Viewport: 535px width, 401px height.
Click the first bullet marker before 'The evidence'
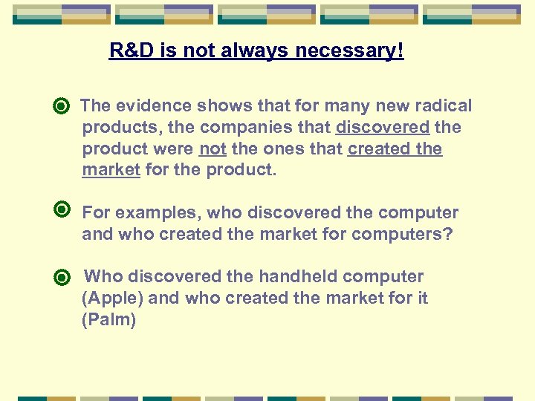pyautogui.click(x=62, y=107)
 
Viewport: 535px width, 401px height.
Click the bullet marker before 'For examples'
pyautogui.click(x=62, y=212)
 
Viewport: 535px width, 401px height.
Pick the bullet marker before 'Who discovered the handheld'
pyautogui.click(x=62, y=278)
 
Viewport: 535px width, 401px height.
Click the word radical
pyautogui.click(x=442, y=106)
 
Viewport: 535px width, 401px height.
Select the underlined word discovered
pyautogui.click(x=382, y=128)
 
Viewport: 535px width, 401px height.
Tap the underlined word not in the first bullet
pyautogui.click(x=213, y=149)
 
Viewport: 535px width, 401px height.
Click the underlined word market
pyautogui.click(x=111, y=170)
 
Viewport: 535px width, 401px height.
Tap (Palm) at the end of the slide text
pyautogui.click(x=109, y=320)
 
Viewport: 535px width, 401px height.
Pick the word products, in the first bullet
pyautogui.click(x=116, y=128)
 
